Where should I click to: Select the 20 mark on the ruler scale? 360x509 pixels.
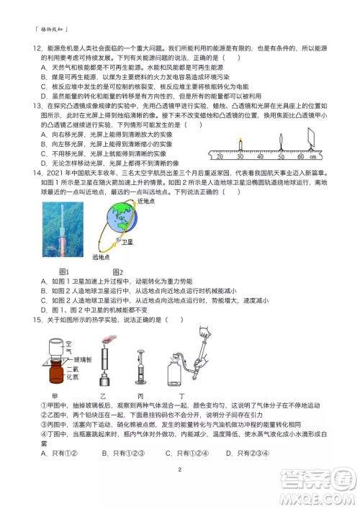[x=218, y=156]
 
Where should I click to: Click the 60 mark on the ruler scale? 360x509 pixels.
[x=300, y=156]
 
